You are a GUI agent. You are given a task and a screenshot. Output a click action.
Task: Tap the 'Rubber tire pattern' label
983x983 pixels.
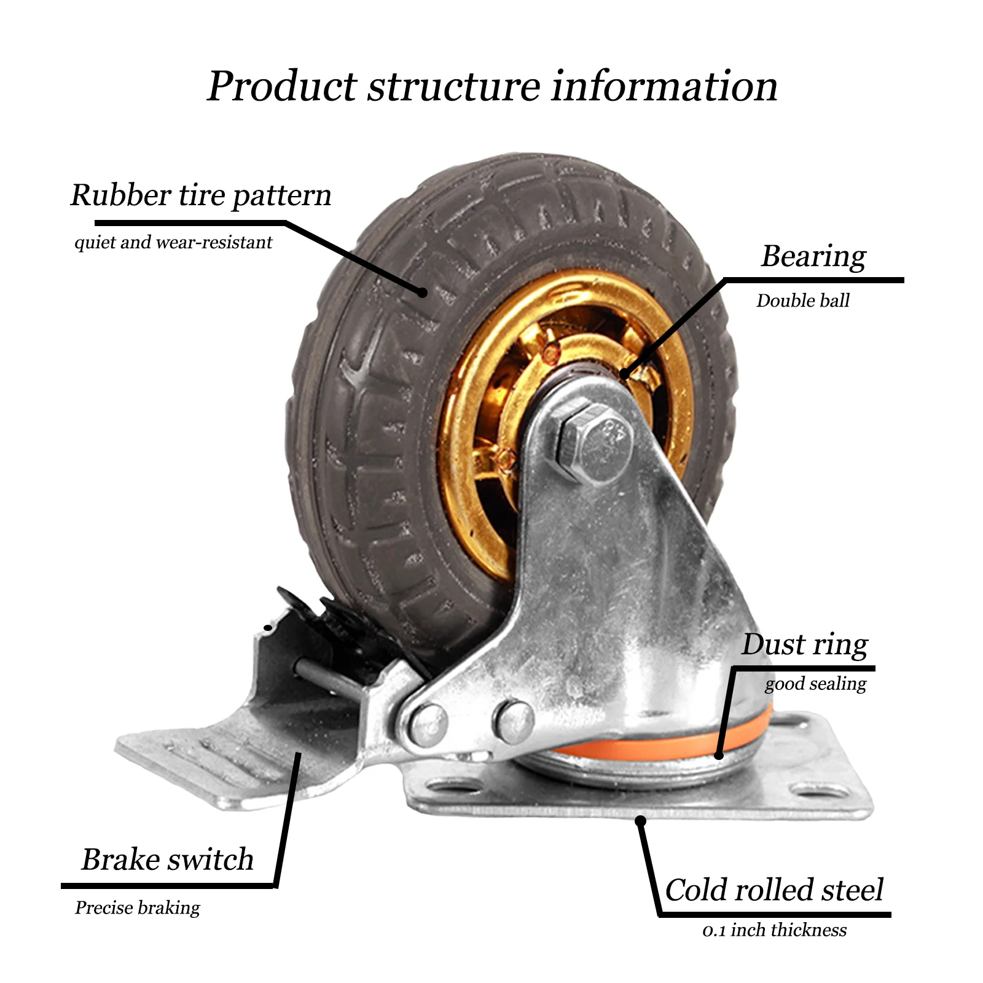pos(201,195)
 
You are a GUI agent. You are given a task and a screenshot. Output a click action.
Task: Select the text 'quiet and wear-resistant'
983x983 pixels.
pos(173,243)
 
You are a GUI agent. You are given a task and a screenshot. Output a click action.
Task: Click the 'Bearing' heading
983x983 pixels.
pos(813,256)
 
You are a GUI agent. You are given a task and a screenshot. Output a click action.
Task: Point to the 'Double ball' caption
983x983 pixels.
pos(803,300)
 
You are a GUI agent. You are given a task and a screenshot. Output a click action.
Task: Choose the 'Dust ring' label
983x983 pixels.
pos(805,644)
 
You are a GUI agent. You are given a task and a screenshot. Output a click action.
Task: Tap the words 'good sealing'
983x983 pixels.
pos(815,684)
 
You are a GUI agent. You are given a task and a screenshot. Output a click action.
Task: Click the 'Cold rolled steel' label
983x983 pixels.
pos(774,890)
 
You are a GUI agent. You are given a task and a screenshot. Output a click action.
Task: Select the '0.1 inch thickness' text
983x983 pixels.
pos(774,930)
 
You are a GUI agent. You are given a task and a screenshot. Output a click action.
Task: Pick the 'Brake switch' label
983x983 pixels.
pos(168,859)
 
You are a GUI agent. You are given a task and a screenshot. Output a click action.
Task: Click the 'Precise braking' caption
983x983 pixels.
pos(138,907)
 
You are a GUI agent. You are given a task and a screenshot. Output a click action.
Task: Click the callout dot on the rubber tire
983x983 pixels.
pos(422,292)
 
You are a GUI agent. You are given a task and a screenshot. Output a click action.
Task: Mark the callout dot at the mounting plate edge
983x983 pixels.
pos(640,820)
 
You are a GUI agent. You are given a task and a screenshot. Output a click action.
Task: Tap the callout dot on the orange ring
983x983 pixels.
pos(719,754)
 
